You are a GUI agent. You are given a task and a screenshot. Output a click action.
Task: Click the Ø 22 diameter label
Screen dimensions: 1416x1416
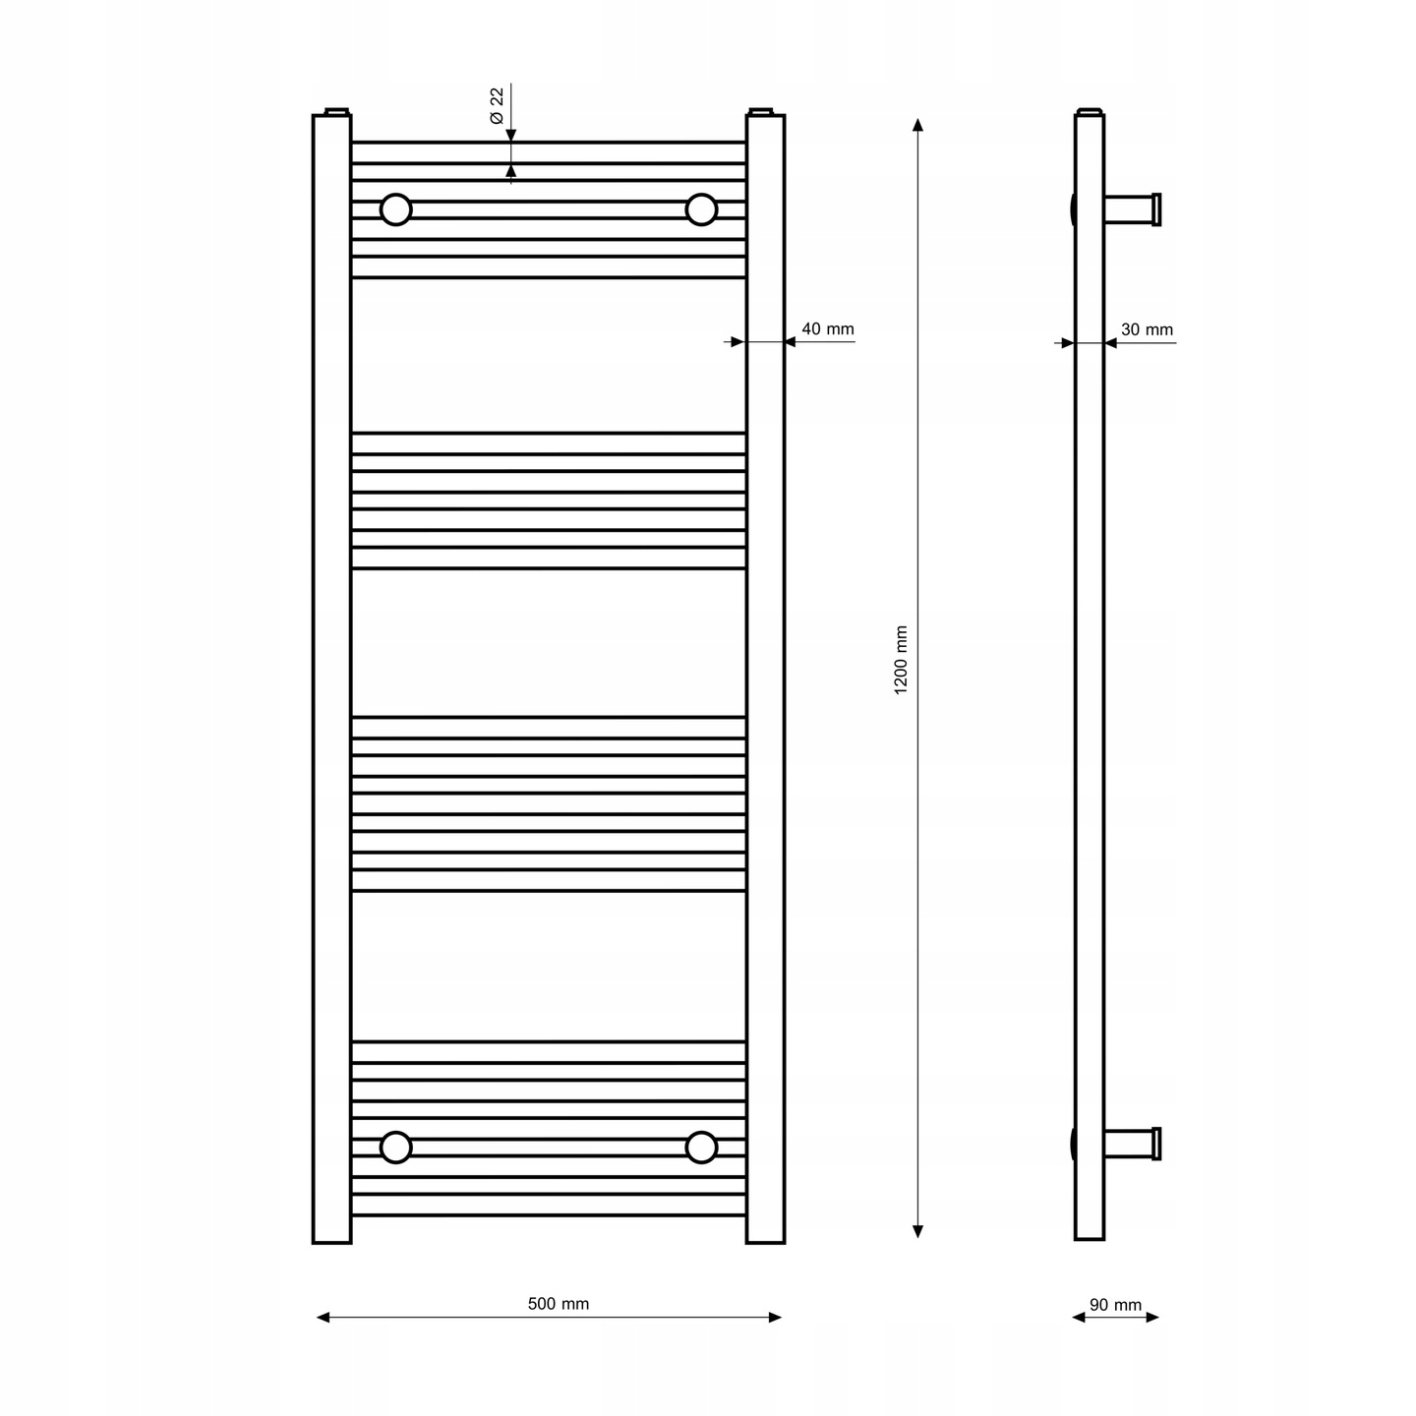click(x=498, y=106)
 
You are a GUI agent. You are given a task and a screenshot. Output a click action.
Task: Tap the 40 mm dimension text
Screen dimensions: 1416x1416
click(x=827, y=329)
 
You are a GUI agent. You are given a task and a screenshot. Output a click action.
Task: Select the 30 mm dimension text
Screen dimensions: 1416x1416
click(x=1147, y=330)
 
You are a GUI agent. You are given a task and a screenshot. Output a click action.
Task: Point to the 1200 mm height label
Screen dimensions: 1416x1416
click(x=901, y=661)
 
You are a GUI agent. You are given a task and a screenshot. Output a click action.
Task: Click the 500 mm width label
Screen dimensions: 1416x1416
click(x=559, y=1304)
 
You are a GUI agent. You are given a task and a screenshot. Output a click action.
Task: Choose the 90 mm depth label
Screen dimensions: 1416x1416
click(x=1115, y=1305)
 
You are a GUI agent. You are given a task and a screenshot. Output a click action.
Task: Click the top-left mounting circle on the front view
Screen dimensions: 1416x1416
click(x=396, y=209)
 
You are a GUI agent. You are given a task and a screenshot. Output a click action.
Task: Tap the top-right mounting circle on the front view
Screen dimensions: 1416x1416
click(x=701, y=209)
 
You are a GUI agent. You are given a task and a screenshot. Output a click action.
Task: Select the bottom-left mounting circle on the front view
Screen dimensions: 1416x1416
click(x=396, y=1147)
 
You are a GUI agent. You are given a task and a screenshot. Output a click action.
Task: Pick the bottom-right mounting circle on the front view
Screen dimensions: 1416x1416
click(x=701, y=1147)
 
